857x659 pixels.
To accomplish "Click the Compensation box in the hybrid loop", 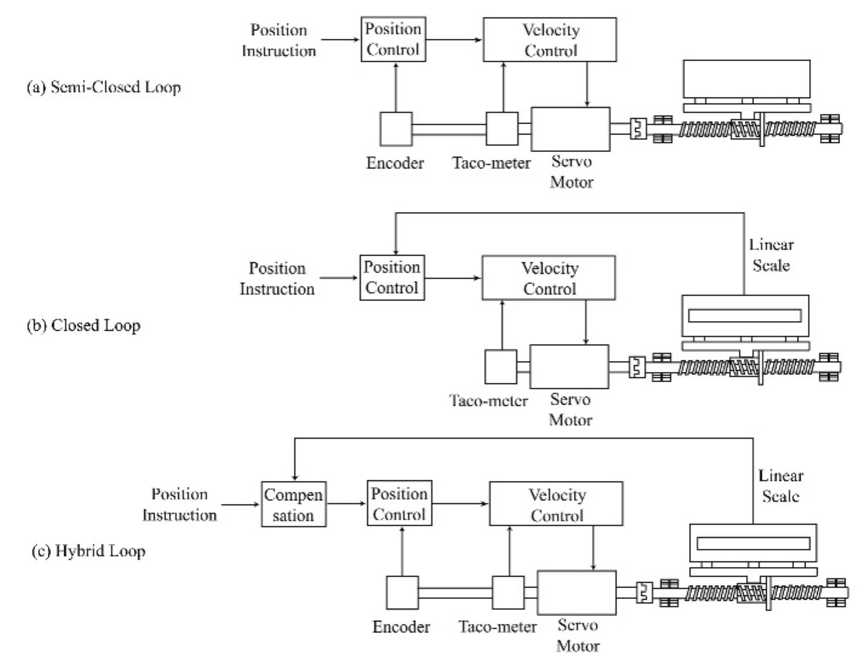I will pyautogui.click(x=294, y=504).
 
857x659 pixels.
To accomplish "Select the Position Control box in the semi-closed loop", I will pyautogui.click(x=393, y=39).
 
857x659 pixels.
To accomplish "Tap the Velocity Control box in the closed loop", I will pyautogui.click(x=549, y=278).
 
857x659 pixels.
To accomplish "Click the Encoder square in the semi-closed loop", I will pyautogui.click(x=396, y=129).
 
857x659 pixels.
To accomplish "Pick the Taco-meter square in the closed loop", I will pyautogui.click(x=501, y=367).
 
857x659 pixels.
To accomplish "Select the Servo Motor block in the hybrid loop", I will pyautogui.click(x=577, y=592).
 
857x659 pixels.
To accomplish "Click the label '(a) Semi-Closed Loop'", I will pyautogui.click(x=104, y=87).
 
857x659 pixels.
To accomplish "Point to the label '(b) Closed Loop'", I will pyautogui.click(x=84, y=325).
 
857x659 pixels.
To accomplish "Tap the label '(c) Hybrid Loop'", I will pyautogui.click(x=88, y=551).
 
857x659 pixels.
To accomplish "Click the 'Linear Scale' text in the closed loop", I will pyautogui.click(x=771, y=255).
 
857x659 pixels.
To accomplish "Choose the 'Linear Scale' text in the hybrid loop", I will pyautogui.click(x=781, y=486).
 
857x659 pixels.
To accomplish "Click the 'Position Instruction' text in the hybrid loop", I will pyautogui.click(x=179, y=505).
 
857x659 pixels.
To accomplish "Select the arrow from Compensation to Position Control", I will pyautogui.click(x=346, y=504).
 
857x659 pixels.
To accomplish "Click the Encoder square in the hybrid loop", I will pyautogui.click(x=402, y=592).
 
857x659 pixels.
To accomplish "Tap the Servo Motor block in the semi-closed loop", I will pyautogui.click(x=571, y=129).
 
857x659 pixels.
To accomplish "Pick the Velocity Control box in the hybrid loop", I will pyautogui.click(x=556, y=504).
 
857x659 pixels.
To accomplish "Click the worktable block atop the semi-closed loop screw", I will pyautogui.click(x=746, y=79).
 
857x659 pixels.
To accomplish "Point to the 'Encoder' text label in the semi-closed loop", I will pyautogui.click(x=395, y=163).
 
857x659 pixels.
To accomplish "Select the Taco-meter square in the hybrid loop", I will pyautogui.click(x=508, y=592).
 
